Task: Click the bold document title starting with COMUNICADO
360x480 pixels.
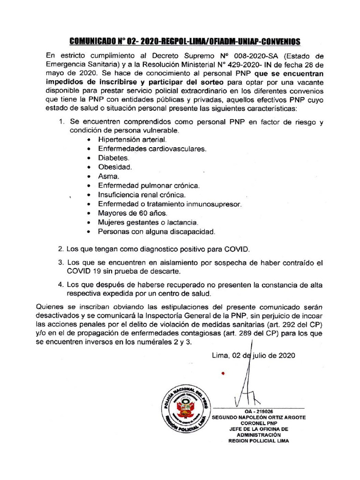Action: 184,41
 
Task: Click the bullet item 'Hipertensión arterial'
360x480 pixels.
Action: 132,139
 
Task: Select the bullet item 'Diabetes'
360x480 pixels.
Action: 113,158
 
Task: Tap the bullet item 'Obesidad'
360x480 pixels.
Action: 115,167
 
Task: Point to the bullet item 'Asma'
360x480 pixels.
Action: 109,176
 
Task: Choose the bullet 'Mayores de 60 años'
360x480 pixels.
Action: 129,213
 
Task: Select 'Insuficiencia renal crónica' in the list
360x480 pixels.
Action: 142,195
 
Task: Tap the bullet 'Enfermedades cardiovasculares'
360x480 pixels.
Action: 152,149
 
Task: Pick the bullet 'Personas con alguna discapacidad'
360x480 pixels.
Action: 157,232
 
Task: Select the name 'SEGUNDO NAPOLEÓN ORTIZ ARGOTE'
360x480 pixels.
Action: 259,417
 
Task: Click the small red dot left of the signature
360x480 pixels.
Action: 223,374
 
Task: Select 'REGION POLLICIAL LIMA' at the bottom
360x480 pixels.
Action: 258,441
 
